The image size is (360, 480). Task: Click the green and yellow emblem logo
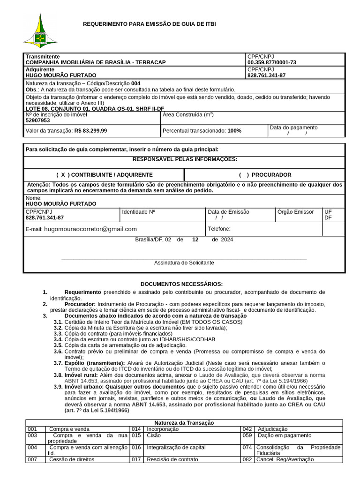coord(40,31)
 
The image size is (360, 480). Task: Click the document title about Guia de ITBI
coord(150,24)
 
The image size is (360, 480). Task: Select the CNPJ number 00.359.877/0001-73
coord(272,62)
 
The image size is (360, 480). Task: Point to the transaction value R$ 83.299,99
coord(90,131)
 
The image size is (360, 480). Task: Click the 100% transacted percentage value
coord(234,131)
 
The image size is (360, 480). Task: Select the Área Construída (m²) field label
coord(188,114)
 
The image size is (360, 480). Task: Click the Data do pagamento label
coord(293,127)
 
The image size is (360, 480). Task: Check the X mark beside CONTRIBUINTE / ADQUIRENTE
coord(63,175)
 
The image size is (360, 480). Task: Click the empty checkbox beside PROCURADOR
coord(244,175)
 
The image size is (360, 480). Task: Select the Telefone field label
coord(219,229)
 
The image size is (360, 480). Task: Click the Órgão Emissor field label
coord(295,212)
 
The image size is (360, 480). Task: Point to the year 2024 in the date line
coord(227,240)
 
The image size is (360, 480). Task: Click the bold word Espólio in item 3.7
coord(75,363)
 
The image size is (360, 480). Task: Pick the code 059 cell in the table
coord(247,435)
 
